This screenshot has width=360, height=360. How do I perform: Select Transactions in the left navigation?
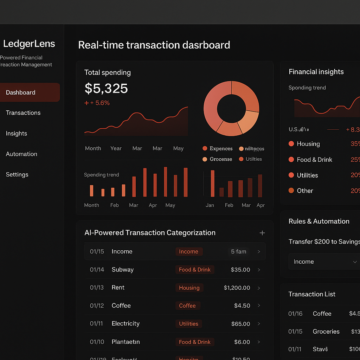(x=23, y=113)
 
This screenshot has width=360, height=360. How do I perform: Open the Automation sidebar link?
(x=21, y=154)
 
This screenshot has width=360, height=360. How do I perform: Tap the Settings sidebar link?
(x=17, y=175)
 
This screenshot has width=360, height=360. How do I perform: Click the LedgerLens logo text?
(x=29, y=44)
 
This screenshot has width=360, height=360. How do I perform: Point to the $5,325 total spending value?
(x=106, y=89)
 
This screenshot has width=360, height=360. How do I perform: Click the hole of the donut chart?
(x=231, y=108)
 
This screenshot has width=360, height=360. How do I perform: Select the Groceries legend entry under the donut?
(x=221, y=159)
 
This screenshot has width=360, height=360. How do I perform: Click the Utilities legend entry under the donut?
(x=253, y=159)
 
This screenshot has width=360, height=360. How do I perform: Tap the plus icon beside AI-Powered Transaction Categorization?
(x=262, y=233)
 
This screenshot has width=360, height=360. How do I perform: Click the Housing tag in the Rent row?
(x=189, y=288)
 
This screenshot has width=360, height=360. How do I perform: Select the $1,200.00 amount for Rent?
(x=237, y=288)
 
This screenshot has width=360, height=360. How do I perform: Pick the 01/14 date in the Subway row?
(x=97, y=270)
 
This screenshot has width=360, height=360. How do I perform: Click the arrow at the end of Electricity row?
(x=259, y=324)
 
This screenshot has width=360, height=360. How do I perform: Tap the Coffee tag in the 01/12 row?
(x=187, y=306)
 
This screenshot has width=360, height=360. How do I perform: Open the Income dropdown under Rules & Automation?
(x=323, y=262)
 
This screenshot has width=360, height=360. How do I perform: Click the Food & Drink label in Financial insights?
(x=314, y=160)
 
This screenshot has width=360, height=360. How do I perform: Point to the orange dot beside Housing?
(x=291, y=144)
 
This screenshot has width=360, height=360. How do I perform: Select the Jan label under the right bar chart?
(x=210, y=205)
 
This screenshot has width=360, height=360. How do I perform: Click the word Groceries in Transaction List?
(x=326, y=332)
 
